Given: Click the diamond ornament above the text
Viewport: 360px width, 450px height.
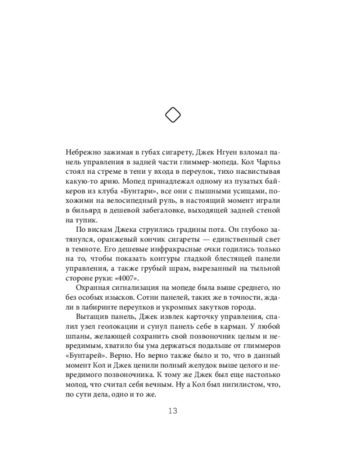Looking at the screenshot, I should pyautogui.click(x=173, y=115).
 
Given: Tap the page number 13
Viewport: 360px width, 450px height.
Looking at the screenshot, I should pyautogui.click(x=173, y=410).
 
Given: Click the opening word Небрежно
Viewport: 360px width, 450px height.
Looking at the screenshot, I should pyautogui.click(x=83, y=151).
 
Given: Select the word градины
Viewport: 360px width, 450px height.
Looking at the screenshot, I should pyautogui.click(x=162, y=230).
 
